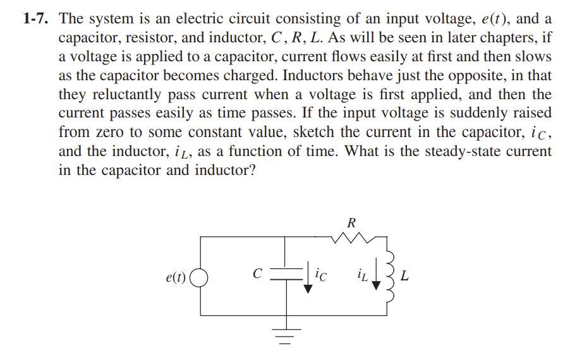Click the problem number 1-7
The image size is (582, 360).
[x=37, y=18]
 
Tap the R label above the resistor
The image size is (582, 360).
[x=351, y=222]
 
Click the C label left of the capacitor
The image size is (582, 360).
[x=257, y=274]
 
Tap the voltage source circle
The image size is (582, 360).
[x=200, y=276]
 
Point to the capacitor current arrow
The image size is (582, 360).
[x=308, y=278]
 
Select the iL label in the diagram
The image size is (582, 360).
[x=361, y=275]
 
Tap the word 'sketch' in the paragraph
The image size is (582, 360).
[x=312, y=133]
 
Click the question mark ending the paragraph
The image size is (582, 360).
[x=252, y=171]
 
